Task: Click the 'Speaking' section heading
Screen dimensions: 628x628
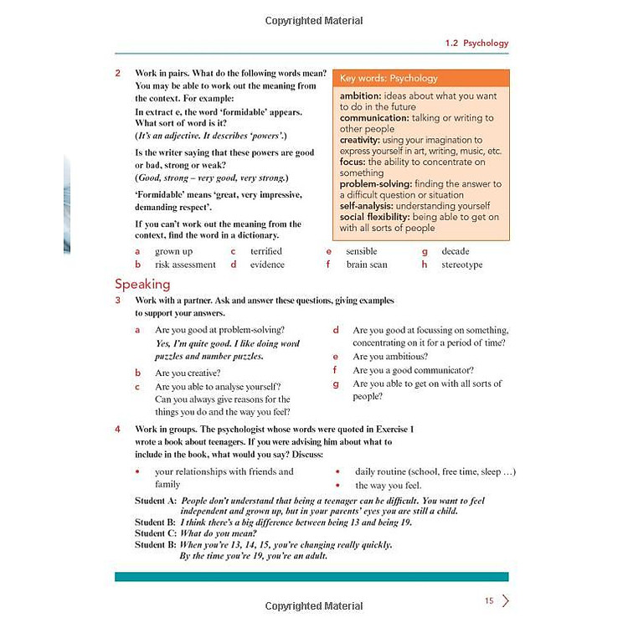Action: click(x=142, y=284)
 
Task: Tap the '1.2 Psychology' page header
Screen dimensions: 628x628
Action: click(x=476, y=43)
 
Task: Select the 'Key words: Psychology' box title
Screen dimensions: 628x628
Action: click(x=389, y=79)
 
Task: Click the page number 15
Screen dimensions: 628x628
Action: click(x=490, y=600)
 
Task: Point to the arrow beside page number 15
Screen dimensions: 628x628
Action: click(x=506, y=600)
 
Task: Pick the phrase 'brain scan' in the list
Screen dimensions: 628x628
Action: click(x=367, y=265)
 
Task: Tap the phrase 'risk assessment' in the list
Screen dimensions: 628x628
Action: click(x=185, y=265)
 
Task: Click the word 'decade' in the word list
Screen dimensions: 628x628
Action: click(x=456, y=251)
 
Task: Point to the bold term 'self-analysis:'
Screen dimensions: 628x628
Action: click(x=366, y=205)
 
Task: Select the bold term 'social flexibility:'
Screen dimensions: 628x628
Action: click(x=374, y=217)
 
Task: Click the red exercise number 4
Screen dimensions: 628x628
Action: click(x=118, y=429)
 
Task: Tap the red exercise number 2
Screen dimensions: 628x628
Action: click(x=118, y=73)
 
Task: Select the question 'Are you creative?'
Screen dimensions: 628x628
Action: click(x=188, y=373)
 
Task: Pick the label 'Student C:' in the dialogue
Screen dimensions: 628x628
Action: click(x=155, y=533)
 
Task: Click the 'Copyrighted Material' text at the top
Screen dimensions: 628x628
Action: click(x=314, y=20)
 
